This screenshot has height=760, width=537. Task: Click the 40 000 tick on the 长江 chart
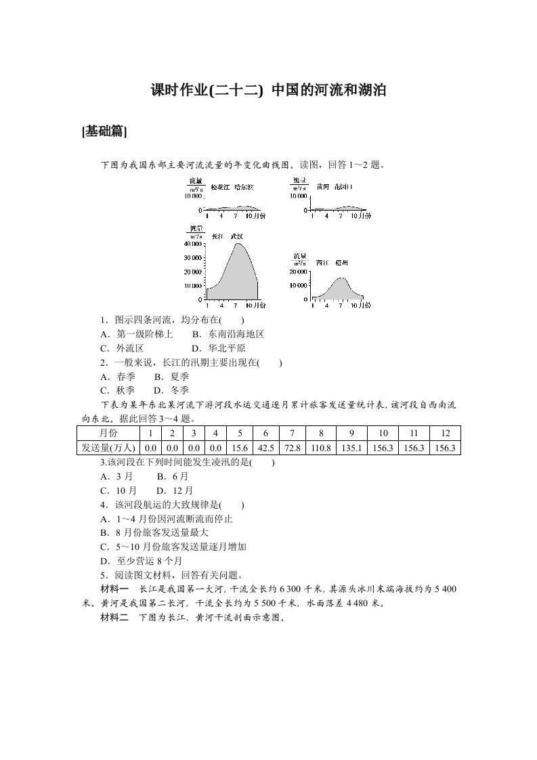pos(193,244)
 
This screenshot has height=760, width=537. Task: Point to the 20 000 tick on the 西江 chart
pos(299,271)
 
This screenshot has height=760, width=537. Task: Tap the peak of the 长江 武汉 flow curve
pos(238,244)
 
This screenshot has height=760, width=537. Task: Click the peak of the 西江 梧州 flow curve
pos(341,278)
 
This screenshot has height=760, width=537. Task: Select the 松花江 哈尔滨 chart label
pos(232,187)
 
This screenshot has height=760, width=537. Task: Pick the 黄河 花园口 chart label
pos(334,186)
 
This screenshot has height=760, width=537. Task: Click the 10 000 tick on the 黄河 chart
pos(299,196)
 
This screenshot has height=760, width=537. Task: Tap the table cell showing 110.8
pos(320,448)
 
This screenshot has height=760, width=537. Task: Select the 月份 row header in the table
pos(108,433)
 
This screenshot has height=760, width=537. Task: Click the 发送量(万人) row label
pos(108,448)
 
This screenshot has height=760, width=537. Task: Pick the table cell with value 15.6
pos(238,448)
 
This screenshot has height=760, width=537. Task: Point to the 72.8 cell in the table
pos(291,448)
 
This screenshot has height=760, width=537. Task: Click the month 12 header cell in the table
pos(445,433)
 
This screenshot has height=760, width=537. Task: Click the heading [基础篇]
pos(104,131)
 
